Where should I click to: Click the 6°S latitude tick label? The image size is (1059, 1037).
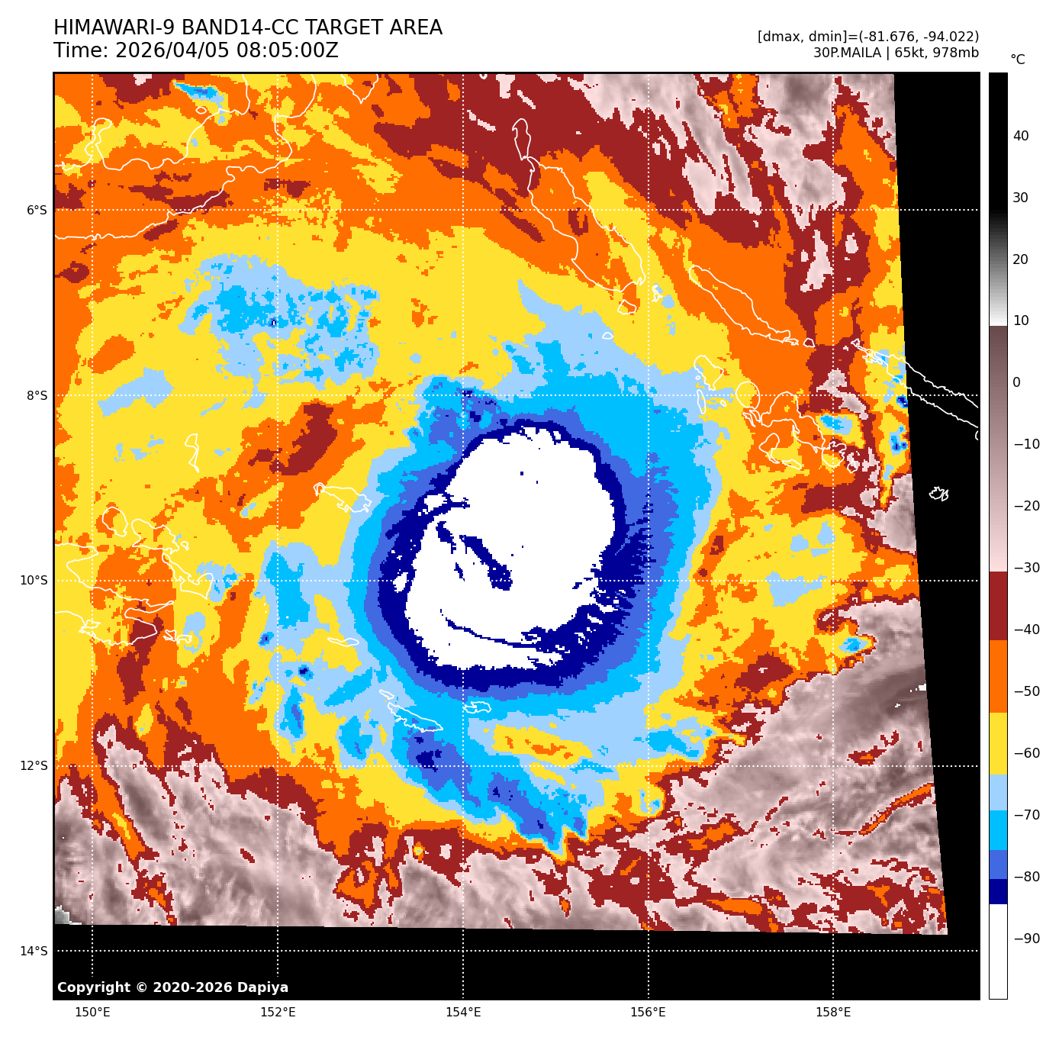(37, 210)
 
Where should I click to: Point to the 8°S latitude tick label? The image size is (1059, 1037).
(37, 395)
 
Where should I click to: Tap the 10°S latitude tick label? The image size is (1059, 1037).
(34, 580)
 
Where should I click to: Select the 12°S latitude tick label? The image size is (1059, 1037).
(34, 765)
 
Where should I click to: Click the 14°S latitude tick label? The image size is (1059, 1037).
(34, 951)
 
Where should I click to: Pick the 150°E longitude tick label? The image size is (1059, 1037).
(92, 1013)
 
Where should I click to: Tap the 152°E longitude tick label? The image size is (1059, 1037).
(278, 1013)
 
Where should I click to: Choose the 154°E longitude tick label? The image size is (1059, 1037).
(463, 1013)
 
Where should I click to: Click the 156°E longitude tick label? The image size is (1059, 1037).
(648, 1013)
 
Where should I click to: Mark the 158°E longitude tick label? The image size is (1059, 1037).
(833, 1013)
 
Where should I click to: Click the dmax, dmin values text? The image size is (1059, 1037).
(868, 37)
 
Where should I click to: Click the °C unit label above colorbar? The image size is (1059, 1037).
(1018, 60)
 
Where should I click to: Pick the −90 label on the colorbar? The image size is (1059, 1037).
(1026, 939)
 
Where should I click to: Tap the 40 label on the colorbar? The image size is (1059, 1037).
(1021, 136)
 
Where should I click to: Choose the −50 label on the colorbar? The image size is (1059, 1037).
(1026, 691)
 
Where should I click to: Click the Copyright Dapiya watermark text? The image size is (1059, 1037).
(172, 987)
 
